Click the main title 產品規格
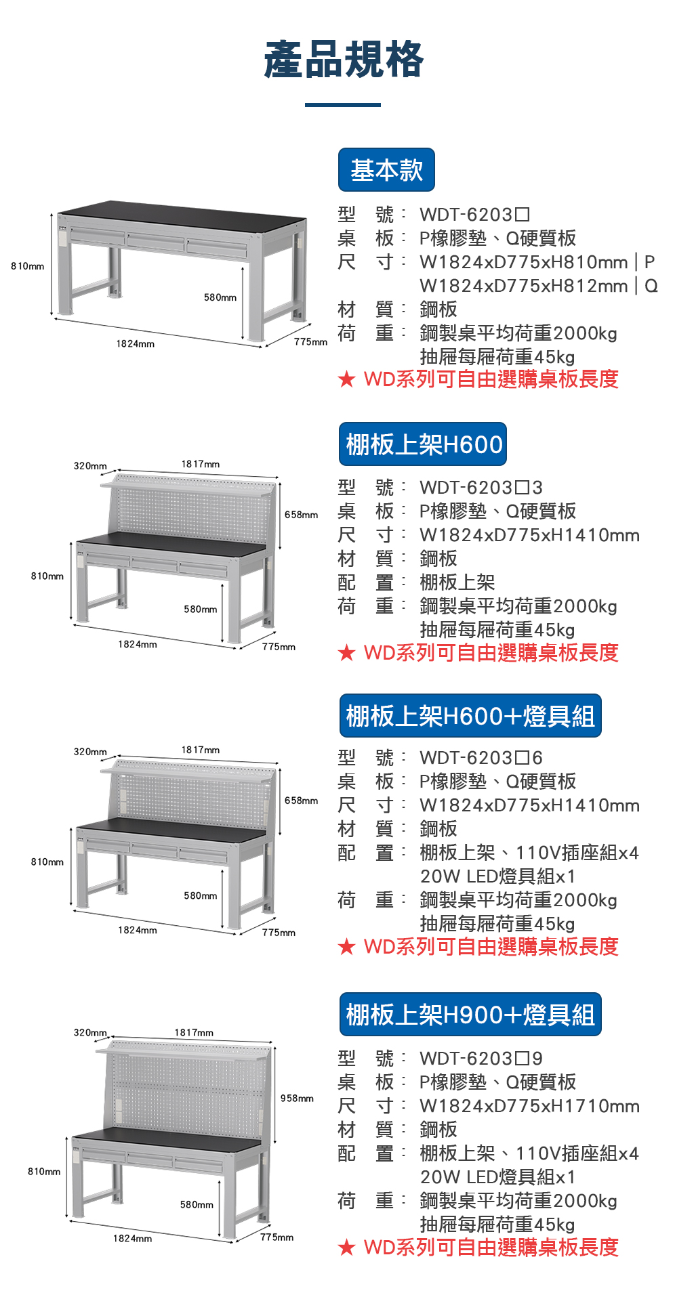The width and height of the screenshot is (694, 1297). point(344,60)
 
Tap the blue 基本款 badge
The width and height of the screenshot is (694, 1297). point(386,169)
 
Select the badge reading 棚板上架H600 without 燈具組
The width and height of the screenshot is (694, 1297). point(423,444)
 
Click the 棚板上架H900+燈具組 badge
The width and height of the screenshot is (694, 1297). point(470,1015)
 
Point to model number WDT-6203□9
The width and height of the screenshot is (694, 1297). point(481,1058)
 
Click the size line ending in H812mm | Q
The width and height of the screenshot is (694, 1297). point(539,286)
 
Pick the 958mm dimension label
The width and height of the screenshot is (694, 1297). point(297,1098)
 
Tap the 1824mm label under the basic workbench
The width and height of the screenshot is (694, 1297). point(135,344)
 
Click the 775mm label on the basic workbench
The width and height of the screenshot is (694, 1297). point(310,342)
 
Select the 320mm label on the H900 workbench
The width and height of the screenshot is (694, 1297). point(90,1032)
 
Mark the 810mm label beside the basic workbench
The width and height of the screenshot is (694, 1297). point(27,266)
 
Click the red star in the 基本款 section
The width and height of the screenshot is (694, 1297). point(346,379)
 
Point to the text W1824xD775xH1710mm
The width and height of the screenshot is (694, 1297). point(529,1106)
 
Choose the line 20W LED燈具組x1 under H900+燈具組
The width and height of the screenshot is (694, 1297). point(497,1177)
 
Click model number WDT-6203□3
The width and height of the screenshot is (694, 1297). point(481,488)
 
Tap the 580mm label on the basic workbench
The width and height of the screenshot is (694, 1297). point(220,297)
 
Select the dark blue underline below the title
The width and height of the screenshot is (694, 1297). point(343,105)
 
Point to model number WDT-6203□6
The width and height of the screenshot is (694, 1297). point(481,758)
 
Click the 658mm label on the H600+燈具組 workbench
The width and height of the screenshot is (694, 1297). point(301,801)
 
